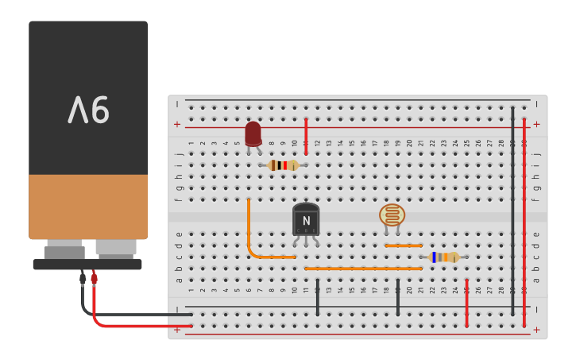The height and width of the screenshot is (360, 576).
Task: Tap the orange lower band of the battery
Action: tap(88, 207)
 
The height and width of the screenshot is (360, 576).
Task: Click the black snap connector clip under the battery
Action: tap(87, 264)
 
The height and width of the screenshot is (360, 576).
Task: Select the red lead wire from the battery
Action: tap(119, 325)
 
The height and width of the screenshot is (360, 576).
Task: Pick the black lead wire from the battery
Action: tap(119, 314)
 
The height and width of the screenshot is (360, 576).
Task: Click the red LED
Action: tap(253, 134)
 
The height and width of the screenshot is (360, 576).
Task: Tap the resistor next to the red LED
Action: tap(283, 165)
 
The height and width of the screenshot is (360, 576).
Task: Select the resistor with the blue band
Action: tap(443, 257)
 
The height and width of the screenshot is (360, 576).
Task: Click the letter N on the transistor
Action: tap(305, 221)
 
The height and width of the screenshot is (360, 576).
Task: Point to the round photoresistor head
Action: tap(392, 215)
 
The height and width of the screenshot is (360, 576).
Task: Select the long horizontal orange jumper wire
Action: tap(363, 269)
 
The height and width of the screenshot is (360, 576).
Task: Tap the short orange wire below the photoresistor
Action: tap(404, 246)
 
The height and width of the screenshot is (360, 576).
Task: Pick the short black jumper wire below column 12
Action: tap(318, 297)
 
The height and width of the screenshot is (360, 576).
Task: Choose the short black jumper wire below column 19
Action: tap(398, 297)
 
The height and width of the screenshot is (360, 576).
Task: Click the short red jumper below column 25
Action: tap(466, 303)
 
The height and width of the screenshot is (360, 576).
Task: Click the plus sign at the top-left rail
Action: tap(177, 125)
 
